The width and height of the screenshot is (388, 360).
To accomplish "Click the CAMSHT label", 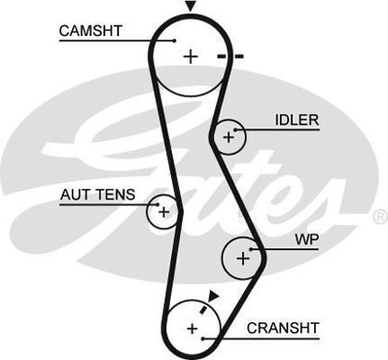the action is click(91, 31).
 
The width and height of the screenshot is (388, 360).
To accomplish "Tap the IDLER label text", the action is click(297, 120).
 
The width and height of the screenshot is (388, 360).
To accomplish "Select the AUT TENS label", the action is click(97, 194).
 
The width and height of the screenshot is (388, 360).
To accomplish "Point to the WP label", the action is click(307, 239).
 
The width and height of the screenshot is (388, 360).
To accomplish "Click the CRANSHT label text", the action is click(283, 328).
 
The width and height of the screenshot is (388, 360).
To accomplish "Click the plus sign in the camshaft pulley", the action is click(191, 57).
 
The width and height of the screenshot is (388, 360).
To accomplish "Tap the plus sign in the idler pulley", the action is click(229, 138).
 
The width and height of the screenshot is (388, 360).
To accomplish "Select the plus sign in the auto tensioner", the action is click(164, 212).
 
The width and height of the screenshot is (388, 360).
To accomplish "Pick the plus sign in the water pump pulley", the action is click(243, 258).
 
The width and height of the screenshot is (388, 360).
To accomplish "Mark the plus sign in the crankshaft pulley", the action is click(192, 328).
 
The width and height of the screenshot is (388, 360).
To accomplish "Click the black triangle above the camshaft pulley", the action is click(190, 6).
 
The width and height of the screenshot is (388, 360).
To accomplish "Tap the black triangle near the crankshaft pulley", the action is click(213, 295).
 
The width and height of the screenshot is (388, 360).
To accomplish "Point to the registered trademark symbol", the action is click(380, 217).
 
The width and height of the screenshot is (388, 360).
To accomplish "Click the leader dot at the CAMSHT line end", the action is click(175, 40).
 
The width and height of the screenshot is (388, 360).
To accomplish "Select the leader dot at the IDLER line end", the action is click(236, 130).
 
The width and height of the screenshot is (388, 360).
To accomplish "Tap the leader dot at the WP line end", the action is click(251, 249).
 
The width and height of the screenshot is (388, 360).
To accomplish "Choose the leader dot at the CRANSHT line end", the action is click(203, 338).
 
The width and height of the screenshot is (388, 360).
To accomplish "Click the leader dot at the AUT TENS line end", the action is click(158, 204).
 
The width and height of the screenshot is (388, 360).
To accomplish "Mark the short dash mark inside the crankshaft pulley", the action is click(203, 310).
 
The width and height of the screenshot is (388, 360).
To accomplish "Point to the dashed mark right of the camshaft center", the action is click(230, 56).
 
